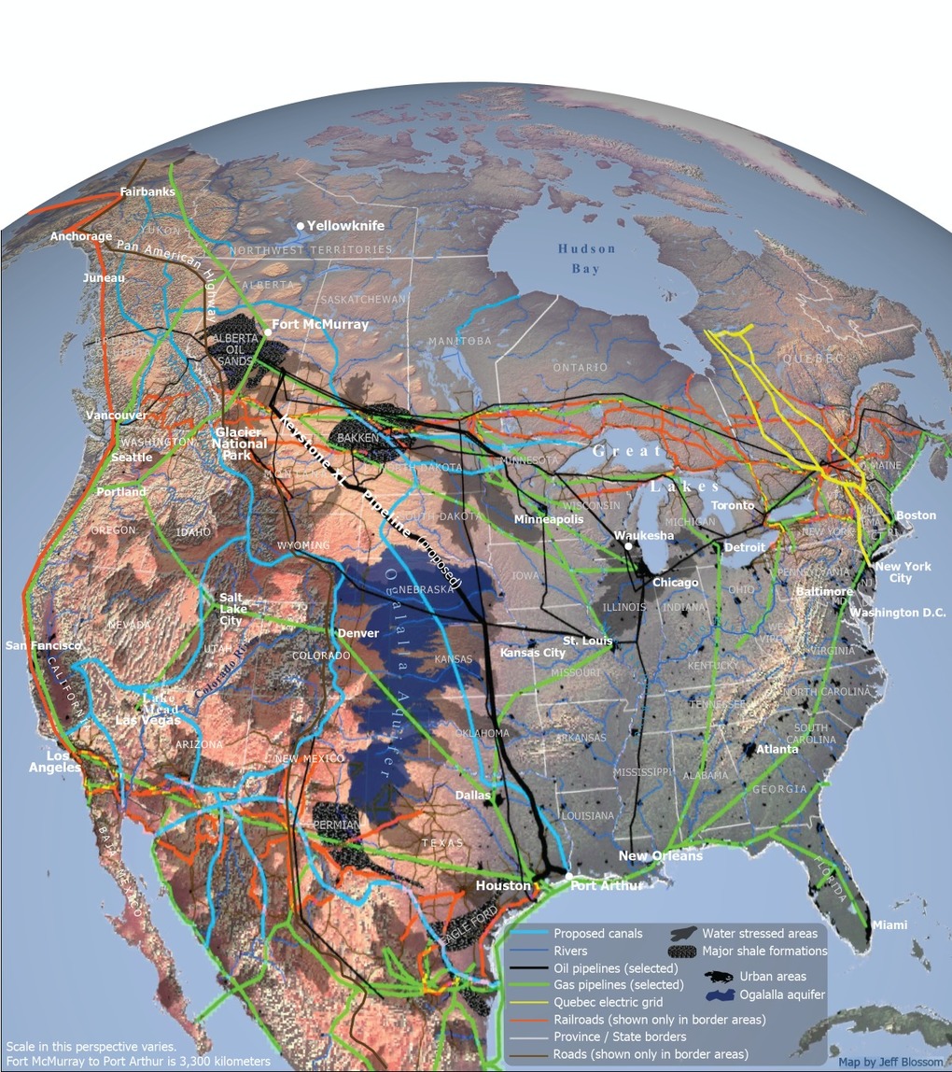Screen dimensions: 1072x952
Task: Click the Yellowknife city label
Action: (345, 226)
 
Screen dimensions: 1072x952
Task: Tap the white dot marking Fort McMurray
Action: (268, 331)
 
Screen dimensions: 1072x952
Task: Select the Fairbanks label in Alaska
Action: (147, 192)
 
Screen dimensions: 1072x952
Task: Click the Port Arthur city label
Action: (608, 885)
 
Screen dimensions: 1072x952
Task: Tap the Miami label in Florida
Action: (889, 924)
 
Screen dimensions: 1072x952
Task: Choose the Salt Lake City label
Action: (231, 609)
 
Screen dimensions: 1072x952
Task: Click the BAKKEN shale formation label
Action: (358, 437)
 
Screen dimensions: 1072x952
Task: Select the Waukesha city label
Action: (644, 536)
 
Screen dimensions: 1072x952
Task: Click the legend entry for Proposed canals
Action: (598, 933)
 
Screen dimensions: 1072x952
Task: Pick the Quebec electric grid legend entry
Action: (608, 1002)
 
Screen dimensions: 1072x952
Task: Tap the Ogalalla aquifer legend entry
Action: (782, 994)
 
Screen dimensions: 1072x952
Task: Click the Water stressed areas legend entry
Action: (760, 933)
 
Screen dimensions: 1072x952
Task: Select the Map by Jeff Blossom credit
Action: (890, 1062)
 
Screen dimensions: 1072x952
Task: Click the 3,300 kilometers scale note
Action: (137, 1062)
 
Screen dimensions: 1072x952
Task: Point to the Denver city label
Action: (358, 633)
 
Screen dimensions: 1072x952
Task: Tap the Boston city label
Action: (916, 515)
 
